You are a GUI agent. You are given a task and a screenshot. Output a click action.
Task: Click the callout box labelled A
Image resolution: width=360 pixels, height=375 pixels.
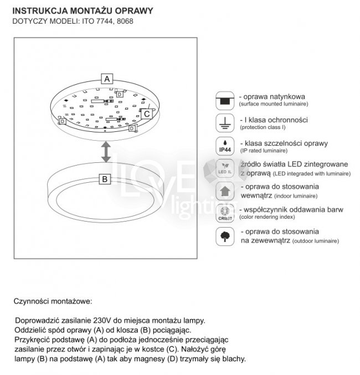[x=107, y=78]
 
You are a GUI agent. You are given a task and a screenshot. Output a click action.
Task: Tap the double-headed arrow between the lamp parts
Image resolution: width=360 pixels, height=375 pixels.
[x=105, y=151]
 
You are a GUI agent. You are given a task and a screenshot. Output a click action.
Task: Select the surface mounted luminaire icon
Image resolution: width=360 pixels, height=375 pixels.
[x=224, y=100]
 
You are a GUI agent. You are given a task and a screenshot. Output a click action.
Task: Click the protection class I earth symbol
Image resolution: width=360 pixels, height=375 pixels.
[x=224, y=123]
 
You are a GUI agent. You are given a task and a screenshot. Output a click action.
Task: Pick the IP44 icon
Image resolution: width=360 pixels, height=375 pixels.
[x=224, y=146]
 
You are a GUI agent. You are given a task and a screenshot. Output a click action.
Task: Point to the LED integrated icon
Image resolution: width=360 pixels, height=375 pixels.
[x=224, y=168]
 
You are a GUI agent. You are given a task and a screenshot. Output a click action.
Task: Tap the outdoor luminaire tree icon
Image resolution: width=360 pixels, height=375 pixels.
[x=224, y=237]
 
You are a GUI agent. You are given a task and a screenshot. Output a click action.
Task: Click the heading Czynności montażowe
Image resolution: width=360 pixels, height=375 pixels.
[x=53, y=302]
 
